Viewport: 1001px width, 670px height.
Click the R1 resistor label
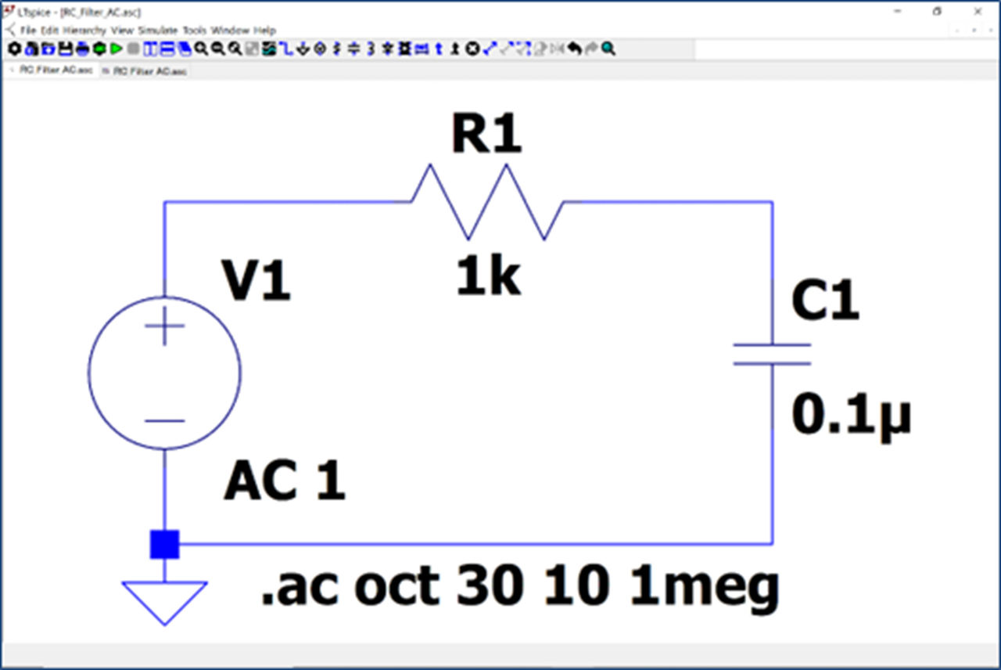pos(486,135)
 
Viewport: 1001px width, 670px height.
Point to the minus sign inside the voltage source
pos(164,420)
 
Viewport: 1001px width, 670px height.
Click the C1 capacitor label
pos(825,301)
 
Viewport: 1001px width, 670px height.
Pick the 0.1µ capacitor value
pos(851,415)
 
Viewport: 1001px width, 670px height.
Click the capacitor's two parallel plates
pos(773,354)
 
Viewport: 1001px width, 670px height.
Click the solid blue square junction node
pos(164,544)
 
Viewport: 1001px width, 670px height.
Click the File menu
pos(28,31)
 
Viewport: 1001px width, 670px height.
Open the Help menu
pos(264,31)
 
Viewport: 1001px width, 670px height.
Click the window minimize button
pos(895,12)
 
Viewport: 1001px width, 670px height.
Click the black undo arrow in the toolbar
pos(575,49)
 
